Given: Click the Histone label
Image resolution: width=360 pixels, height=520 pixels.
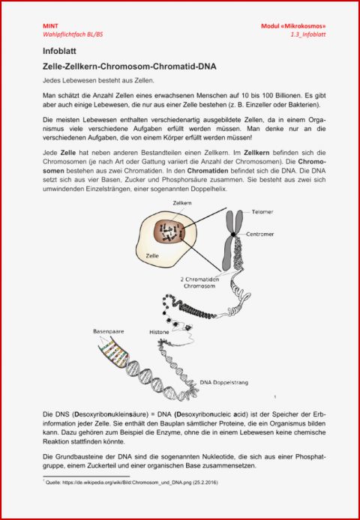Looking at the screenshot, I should point(159,331).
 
